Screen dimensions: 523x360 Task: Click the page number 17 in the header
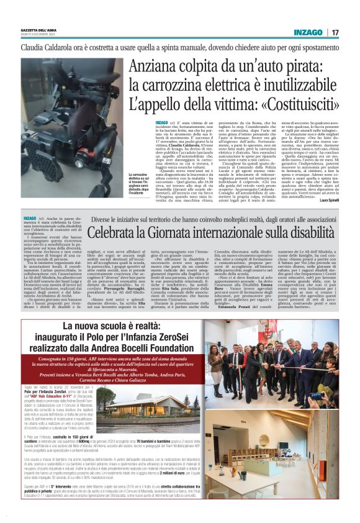pyautogui.click(x=335, y=32)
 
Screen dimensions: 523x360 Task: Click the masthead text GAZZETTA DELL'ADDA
pyautogui.click(x=39, y=30)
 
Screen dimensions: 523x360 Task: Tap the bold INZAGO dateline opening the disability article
pyautogui.click(x=30, y=219)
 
